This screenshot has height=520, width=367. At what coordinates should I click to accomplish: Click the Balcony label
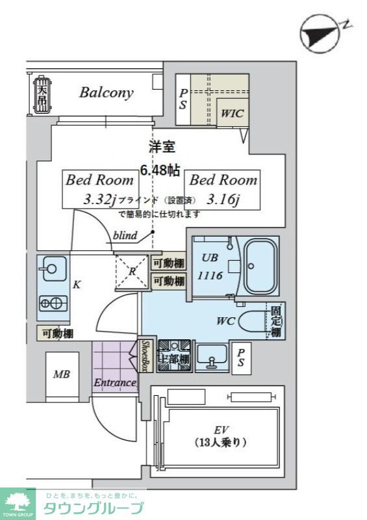[x=106, y=92]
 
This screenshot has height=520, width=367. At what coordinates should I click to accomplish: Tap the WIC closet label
[x=232, y=113]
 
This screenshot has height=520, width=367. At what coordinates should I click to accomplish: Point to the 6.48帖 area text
[x=160, y=171]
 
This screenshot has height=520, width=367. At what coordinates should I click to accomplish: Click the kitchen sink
[x=50, y=268]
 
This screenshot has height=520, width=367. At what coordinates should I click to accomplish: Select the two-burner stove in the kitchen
[x=52, y=303]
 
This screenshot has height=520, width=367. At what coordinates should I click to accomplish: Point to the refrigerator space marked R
[x=132, y=272]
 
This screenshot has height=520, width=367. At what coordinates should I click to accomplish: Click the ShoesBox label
[x=146, y=356]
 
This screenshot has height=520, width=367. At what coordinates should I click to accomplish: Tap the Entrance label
[x=115, y=383]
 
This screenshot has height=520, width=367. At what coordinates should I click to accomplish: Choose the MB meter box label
[x=62, y=375]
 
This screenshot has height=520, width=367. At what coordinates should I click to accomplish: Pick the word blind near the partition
[x=125, y=236]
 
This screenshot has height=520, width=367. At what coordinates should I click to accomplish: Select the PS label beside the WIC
[x=184, y=99]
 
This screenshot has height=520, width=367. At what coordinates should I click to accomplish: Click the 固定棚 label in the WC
[x=275, y=321]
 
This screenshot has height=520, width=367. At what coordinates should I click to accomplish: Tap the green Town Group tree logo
[x=18, y=502]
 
